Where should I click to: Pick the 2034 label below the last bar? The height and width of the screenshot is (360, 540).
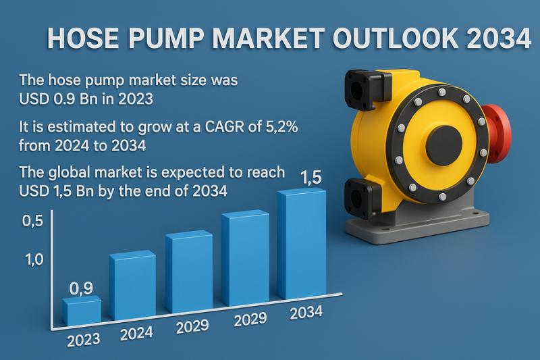point(306,313)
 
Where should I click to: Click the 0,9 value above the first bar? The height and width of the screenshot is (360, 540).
point(81,288)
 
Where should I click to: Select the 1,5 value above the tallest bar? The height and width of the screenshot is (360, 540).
point(311,178)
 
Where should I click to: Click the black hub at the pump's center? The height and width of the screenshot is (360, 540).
point(444,142)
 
